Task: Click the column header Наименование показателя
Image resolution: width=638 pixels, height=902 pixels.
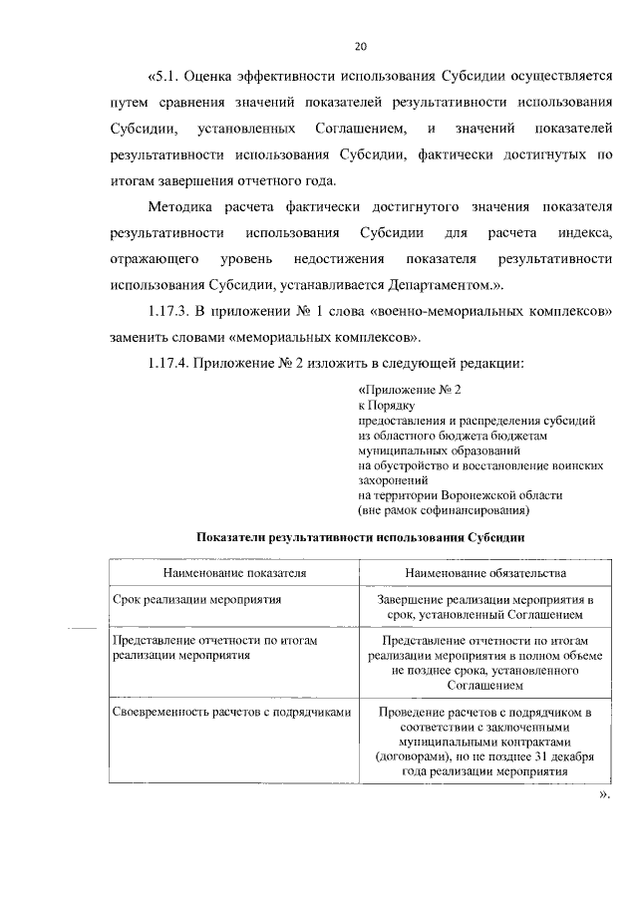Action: (x=234, y=574)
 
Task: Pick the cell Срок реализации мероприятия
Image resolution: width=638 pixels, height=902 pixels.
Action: (x=195, y=600)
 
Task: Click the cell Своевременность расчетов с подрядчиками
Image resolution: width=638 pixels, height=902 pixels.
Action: (x=231, y=713)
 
